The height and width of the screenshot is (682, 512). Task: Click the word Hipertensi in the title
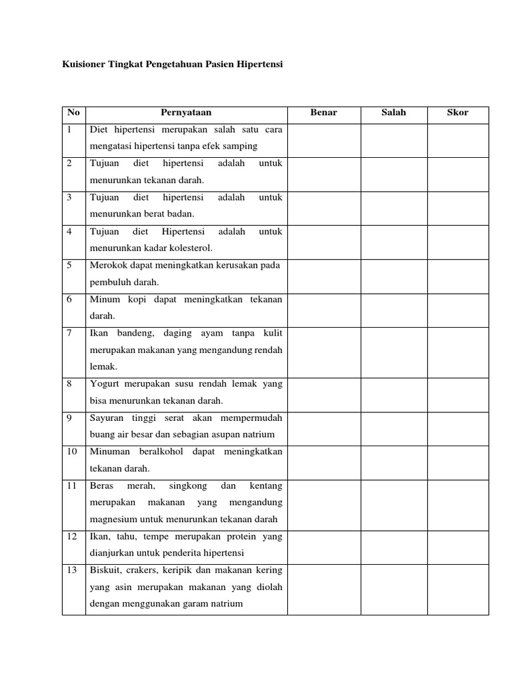pyautogui.click(x=261, y=66)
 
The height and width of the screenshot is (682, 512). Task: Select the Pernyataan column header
pyautogui.click(x=186, y=113)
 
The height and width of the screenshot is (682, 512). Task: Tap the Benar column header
pyautogui.click(x=324, y=113)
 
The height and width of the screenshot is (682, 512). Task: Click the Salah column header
pyautogui.click(x=393, y=113)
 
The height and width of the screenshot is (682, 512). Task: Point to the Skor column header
pyautogui.click(x=457, y=113)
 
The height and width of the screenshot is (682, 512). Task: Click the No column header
pyautogui.click(x=73, y=113)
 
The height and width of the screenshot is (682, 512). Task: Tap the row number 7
pyautogui.click(x=69, y=332)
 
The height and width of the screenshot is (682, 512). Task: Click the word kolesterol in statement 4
pyautogui.click(x=191, y=248)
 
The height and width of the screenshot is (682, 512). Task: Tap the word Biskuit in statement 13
pyautogui.click(x=105, y=570)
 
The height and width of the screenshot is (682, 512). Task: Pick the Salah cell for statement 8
pyautogui.click(x=393, y=393)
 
